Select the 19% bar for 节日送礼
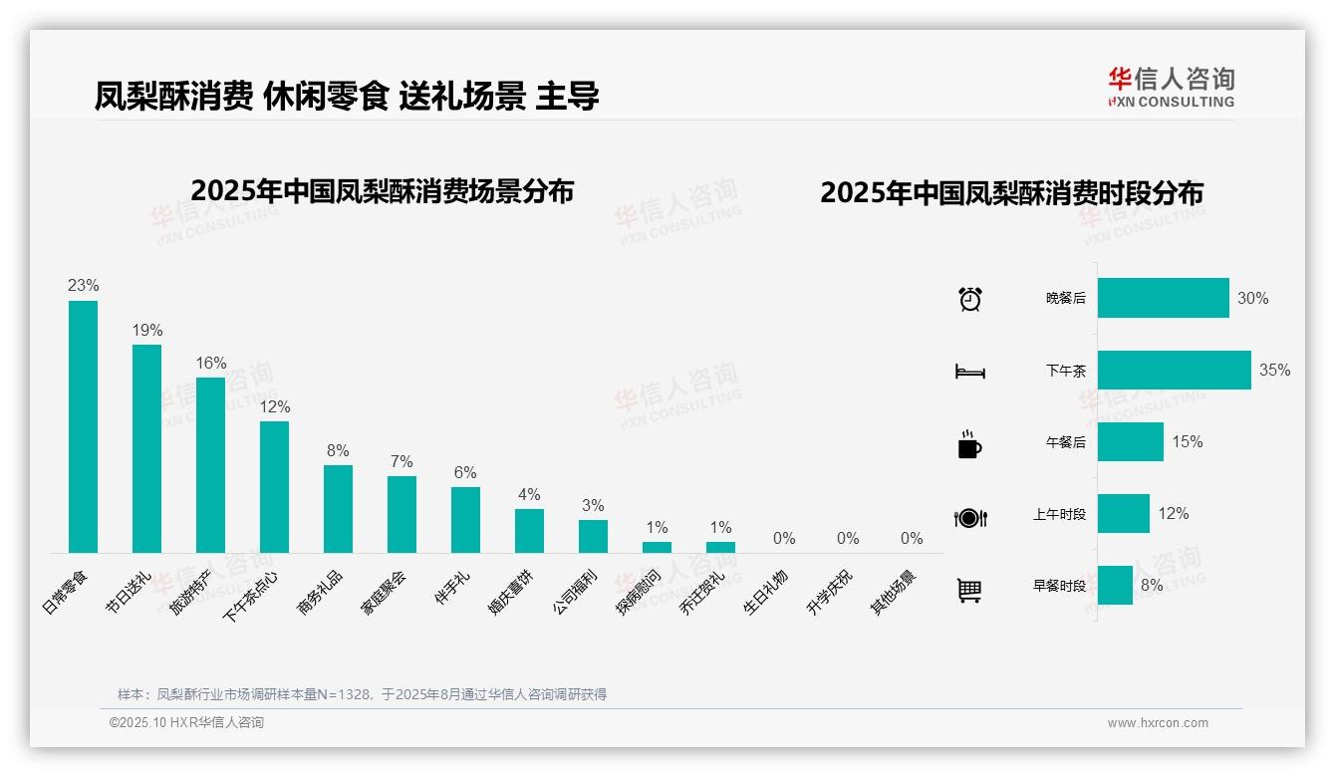click(146, 448)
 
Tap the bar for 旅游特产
click(210, 464)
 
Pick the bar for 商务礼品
click(338, 508)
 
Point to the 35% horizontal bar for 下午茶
click(1174, 370)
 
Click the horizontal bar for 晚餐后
click(1163, 298)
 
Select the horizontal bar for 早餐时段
click(1115, 585)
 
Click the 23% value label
click(83, 286)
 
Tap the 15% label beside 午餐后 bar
click(1187, 441)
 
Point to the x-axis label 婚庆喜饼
click(513, 592)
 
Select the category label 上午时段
click(1059, 514)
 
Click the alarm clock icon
click(969, 299)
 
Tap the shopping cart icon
click(969, 590)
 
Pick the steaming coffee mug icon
click(969, 444)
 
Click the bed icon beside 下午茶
click(969, 372)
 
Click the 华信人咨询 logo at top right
click(1171, 87)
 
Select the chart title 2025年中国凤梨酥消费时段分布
click(1011, 193)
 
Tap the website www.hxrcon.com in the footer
click(1157, 723)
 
